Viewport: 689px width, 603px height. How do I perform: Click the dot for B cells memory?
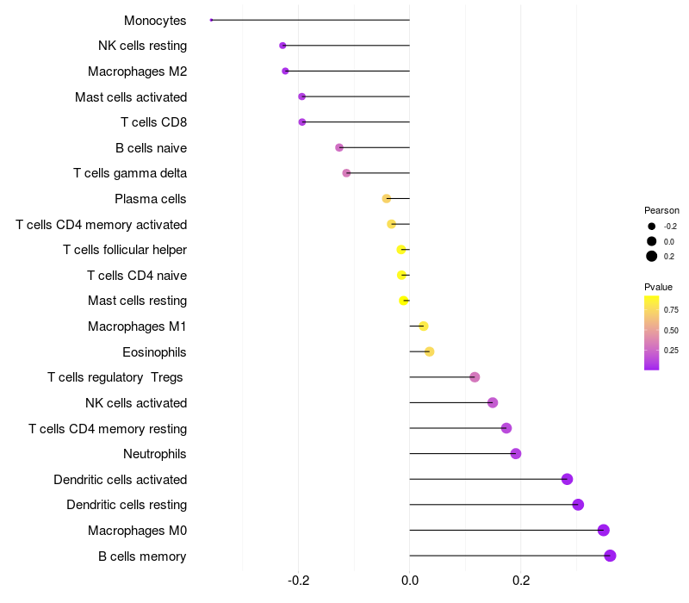point(610,556)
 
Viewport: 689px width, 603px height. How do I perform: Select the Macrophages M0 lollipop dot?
point(603,530)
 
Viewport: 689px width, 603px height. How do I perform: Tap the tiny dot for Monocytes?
point(211,20)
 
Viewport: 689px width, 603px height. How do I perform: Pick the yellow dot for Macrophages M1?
point(423,326)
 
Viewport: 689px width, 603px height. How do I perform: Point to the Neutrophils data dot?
point(516,454)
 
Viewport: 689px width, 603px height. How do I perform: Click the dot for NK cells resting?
point(282,46)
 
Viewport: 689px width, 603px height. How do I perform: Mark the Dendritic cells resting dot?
point(578,505)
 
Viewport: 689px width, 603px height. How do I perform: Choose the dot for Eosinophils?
point(430,351)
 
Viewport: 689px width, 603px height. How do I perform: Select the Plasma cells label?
point(151,199)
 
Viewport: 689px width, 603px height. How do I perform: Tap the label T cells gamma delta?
point(130,173)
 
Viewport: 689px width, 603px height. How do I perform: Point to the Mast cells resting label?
point(137,301)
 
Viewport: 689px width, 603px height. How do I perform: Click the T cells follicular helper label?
point(125,250)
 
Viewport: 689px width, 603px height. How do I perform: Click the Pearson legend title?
point(661,210)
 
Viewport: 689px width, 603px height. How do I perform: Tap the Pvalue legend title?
point(658,287)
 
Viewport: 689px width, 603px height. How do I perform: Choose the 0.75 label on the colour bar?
point(672,309)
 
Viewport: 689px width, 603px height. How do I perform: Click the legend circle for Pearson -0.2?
point(652,227)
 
